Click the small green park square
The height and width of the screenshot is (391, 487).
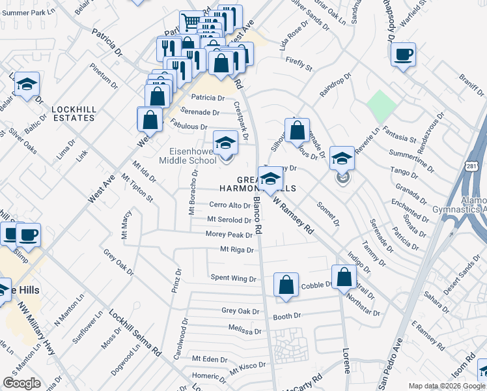click(x=381, y=105)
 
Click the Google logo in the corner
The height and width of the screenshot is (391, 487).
click(x=21, y=383)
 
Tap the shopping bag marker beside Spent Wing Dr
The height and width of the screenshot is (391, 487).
click(x=286, y=285)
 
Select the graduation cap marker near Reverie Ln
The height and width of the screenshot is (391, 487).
click(x=342, y=158)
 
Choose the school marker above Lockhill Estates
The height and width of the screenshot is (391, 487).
click(x=27, y=85)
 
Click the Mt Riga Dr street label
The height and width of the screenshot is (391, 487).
click(x=236, y=249)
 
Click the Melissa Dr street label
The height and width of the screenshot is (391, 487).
click(x=244, y=330)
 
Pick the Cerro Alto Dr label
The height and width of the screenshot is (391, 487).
click(x=230, y=205)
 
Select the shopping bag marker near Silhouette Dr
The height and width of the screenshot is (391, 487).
click(x=297, y=130)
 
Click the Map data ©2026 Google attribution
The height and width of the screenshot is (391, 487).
click(x=446, y=386)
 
